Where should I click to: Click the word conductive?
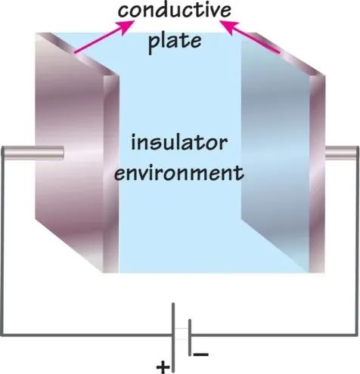pyautogui.click(x=175, y=10)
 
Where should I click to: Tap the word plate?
pyautogui.click(x=175, y=42)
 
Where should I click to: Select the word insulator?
pyautogui.click(x=179, y=142)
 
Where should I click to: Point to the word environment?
pyautogui.click(x=179, y=172)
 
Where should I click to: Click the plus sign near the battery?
pyautogui.click(x=163, y=366)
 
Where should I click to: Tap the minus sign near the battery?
pyautogui.click(x=201, y=354)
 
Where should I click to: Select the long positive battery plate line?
pyautogui.click(x=173, y=338)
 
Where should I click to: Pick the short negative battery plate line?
pyautogui.click(x=190, y=338)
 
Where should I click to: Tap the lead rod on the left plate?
pyautogui.click(x=33, y=153)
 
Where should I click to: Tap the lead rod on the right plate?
pyautogui.click(x=342, y=153)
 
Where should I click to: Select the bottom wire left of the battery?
pyautogui.click(x=87, y=335)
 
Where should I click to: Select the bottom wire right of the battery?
pyautogui.click(x=275, y=335)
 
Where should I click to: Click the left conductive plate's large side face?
pyautogui.click(x=70, y=151)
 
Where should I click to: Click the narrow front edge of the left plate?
pyautogui.click(x=111, y=174)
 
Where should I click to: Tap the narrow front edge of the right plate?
pyautogui.click(x=317, y=174)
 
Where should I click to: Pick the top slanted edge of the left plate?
pyautogui.click(x=77, y=54)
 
